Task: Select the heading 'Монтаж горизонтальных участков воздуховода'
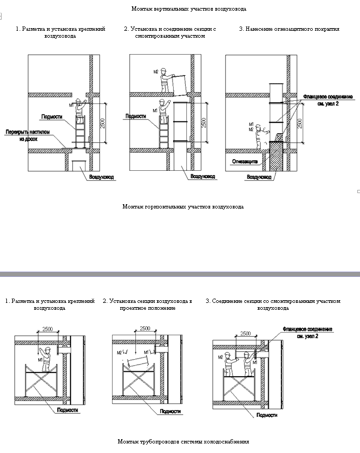click(x=183, y=206)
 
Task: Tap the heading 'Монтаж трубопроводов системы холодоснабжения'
click(x=183, y=441)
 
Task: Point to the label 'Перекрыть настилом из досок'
click(x=25, y=135)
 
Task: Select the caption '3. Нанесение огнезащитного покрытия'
click(x=289, y=29)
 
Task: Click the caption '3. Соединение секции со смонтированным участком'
click(x=273, y=304)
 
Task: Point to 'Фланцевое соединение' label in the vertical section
click(x=327, y=99)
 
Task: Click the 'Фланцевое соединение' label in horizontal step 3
click(x=307, y=333)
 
